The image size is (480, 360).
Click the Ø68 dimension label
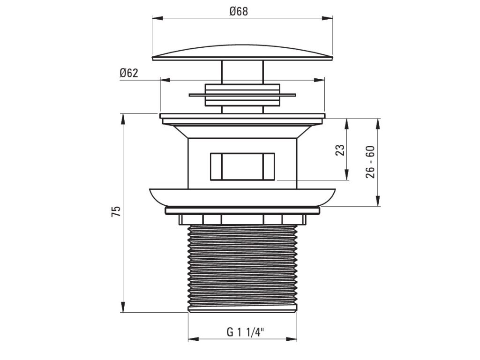[239, 12]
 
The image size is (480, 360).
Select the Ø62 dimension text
[129, 73]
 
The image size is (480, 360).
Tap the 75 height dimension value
[116, 211]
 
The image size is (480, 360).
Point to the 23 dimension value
[340, 150]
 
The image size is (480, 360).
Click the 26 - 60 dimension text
[370, 162]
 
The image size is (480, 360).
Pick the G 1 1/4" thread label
[245, 332]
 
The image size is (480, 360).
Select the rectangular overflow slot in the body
[242, 166]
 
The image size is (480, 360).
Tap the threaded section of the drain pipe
[242, 269]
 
